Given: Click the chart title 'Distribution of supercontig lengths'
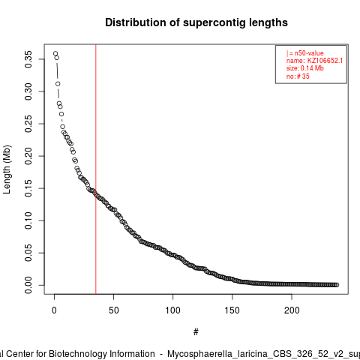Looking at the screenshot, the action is click(196, 22).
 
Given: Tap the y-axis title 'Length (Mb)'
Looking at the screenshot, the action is click(7, 169).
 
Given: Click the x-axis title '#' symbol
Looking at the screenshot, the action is click(196, 332).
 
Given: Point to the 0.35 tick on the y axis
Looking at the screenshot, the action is click(28, 59).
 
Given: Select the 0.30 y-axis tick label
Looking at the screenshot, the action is click(28, 91).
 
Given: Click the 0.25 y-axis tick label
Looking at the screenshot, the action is click(28, 124).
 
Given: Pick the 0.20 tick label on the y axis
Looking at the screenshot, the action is click(28, 156).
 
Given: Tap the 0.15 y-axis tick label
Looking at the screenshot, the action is click(28, 188).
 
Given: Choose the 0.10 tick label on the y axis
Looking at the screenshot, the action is click(28, 220).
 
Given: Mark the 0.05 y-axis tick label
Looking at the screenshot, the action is click(28, 253).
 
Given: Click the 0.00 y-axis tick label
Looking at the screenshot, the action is click(28, 285).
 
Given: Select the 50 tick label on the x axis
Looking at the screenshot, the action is click(113, 310).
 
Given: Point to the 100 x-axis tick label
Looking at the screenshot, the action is click(172, 310).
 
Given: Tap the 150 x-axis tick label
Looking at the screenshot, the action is click(232, 310).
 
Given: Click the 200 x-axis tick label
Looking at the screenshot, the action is click(292, 310).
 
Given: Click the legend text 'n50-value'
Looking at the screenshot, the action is click(309, 53).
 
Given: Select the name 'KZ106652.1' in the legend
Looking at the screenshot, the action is click(325, 61).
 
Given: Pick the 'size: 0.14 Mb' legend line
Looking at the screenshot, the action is click(305, 68).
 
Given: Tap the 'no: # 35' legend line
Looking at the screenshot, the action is click(298, 76).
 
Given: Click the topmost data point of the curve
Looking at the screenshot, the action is click(55, 53).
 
